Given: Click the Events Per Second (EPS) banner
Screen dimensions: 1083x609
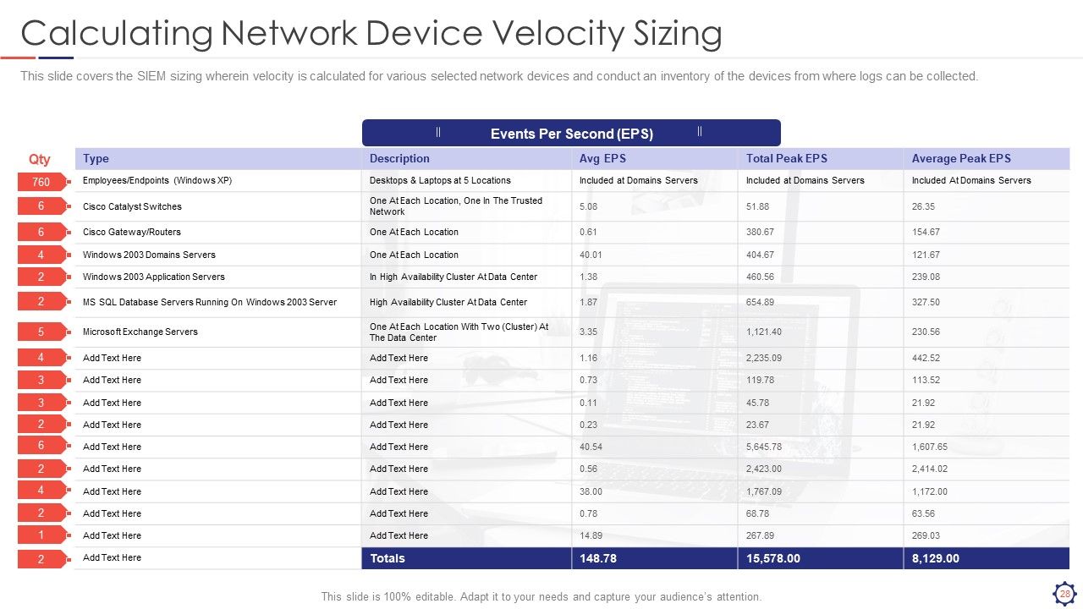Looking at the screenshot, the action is tap(571, 133).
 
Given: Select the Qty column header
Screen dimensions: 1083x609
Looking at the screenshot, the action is tap(39, 159).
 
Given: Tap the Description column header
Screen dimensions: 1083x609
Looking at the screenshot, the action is tap(399, 158).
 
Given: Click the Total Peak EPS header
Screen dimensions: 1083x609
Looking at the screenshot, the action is tap(786, 158).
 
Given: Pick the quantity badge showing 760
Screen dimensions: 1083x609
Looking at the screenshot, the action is tap(41, 182).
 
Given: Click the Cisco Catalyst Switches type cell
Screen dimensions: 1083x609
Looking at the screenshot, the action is tap(132, 206).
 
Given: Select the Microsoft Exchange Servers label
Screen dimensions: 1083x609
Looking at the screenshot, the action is tap(140, 332).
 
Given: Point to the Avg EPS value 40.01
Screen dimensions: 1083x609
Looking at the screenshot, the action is tap(591, 255).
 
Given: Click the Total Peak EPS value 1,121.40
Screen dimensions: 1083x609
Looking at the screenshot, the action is tap(763, 332).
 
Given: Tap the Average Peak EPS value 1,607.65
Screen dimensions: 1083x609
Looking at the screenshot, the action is tap(929, 447).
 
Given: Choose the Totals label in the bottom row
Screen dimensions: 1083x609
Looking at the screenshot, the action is tap(388, 558).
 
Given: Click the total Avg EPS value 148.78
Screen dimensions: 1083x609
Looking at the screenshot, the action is tap(598, 558).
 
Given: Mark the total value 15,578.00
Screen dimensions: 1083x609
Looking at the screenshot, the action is tap(772, 558).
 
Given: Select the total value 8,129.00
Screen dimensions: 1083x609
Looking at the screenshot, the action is tap(935, 558).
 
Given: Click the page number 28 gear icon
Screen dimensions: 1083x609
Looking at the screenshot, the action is tap(1064, 594).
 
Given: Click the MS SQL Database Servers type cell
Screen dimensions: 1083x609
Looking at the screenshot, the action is tap(209, 302).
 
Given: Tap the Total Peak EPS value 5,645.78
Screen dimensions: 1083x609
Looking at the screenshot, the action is tap(763, 447).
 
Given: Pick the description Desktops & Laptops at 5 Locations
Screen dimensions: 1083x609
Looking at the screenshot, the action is tap(440, 180).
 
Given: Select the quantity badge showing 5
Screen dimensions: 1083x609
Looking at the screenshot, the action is tap(41, 332).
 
